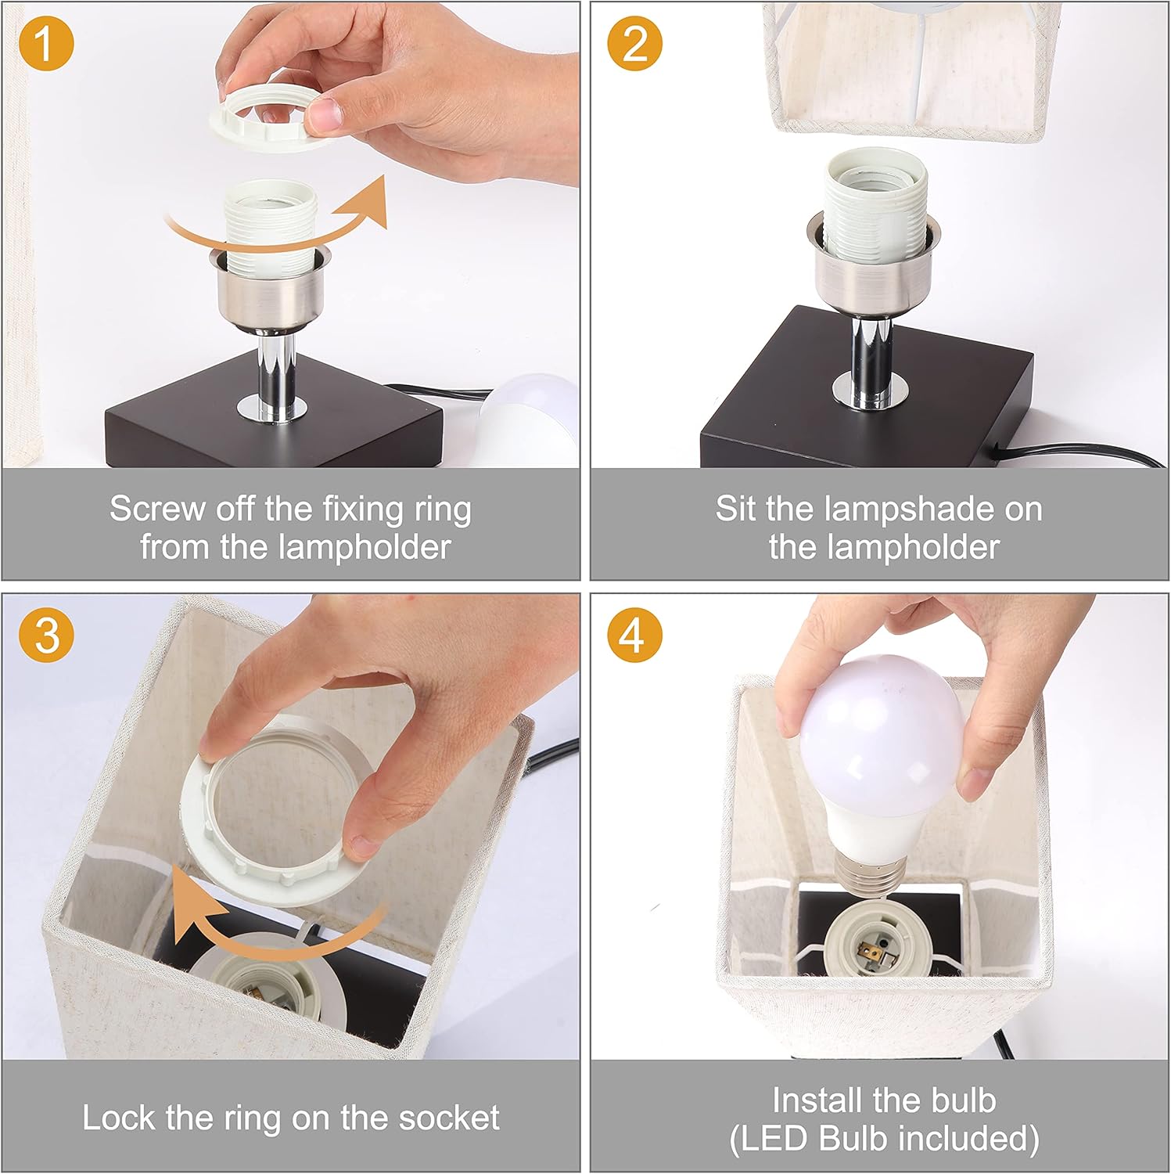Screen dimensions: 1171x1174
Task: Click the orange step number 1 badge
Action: (46, 44)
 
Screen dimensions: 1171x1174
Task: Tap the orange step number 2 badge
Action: (635, 44)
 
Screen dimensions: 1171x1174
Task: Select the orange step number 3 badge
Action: (46, 633)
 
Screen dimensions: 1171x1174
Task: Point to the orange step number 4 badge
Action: (635, 633)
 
